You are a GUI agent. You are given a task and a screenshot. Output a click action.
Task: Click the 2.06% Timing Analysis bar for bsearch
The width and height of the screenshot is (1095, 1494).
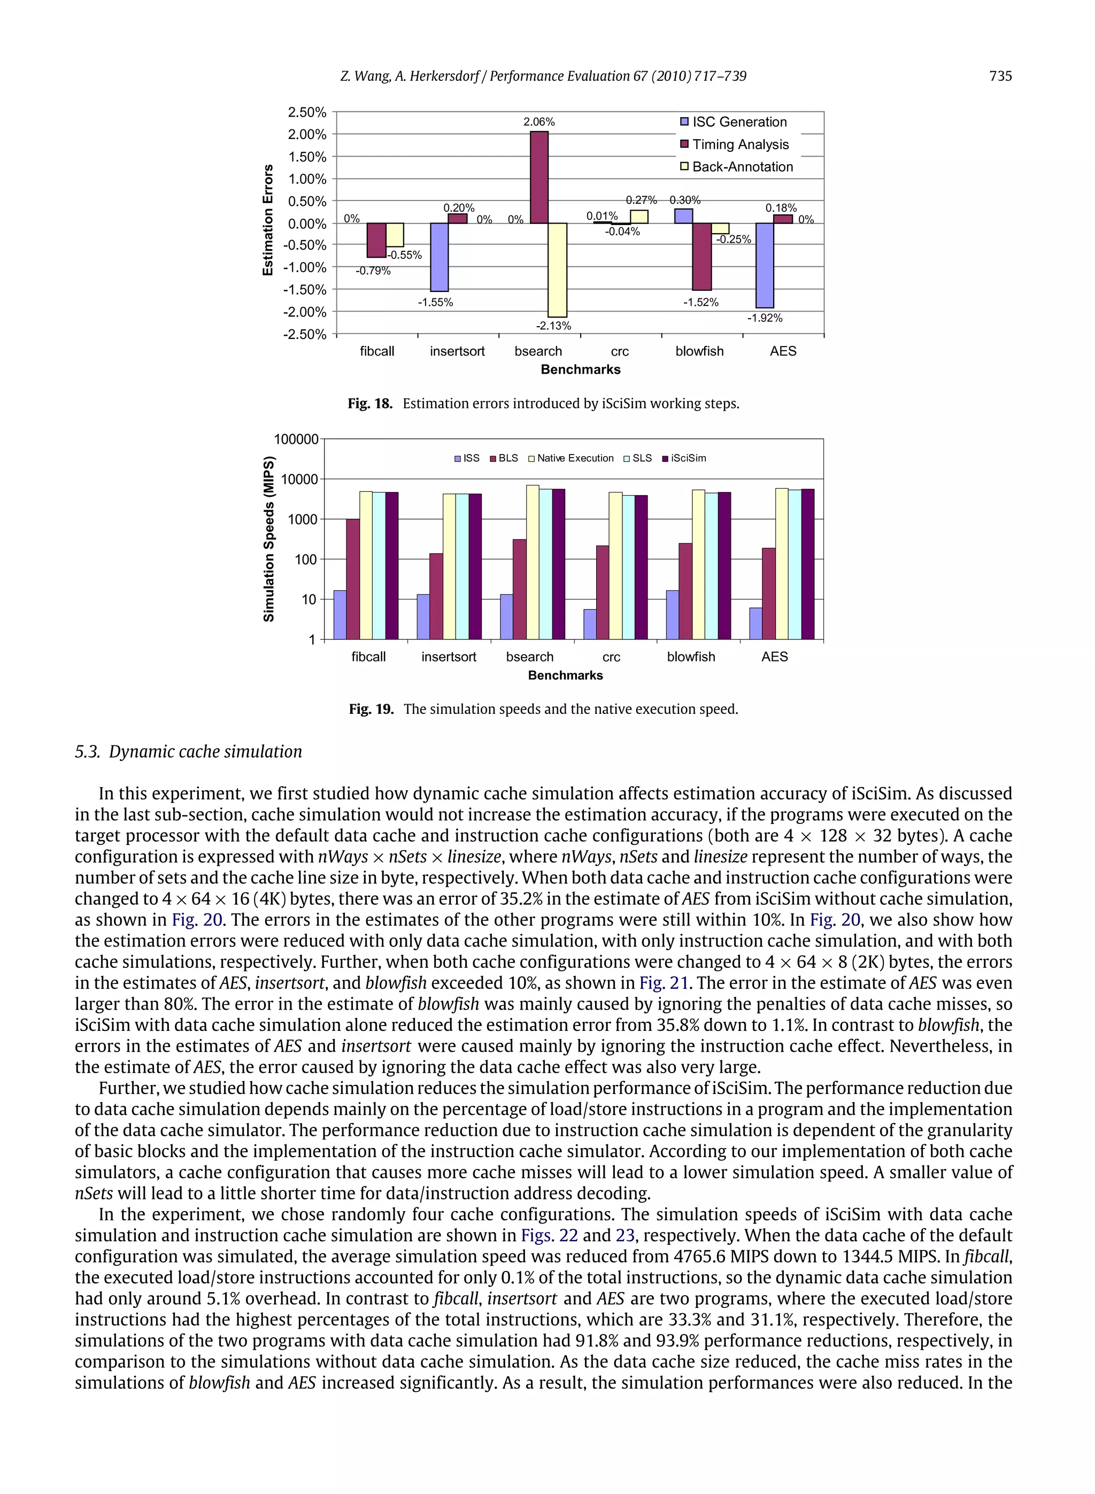[x=539, y=178]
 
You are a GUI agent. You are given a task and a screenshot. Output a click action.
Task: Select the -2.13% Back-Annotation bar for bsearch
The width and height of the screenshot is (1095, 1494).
[x=558, y=270]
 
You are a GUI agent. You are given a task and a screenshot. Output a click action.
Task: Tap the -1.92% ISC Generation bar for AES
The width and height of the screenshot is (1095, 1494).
[x=765, y=265]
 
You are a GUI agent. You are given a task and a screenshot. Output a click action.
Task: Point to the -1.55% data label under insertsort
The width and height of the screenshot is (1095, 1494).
[x=435, y=303]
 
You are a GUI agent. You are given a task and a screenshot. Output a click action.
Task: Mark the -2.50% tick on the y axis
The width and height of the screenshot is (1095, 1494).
[x=305, y=334]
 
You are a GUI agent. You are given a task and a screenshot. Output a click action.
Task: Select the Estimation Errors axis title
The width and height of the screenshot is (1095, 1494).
[x=268, y=221]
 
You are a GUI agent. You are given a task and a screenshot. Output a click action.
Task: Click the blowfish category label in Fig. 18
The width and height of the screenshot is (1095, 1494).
[x=699, y=351]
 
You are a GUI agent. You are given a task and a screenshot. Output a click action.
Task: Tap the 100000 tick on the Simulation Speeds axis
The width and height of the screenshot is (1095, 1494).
[x=296, y=440]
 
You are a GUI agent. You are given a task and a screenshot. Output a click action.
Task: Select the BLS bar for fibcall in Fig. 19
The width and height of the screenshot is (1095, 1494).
[x=353, y=579]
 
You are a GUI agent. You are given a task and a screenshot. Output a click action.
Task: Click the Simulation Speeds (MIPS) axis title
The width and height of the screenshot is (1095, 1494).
[x=268, y=538]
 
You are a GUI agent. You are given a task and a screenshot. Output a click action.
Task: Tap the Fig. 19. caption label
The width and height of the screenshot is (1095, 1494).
[x=371, y=709]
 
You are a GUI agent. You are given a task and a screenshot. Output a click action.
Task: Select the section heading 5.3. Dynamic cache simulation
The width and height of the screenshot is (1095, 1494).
[x=188, y=752]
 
